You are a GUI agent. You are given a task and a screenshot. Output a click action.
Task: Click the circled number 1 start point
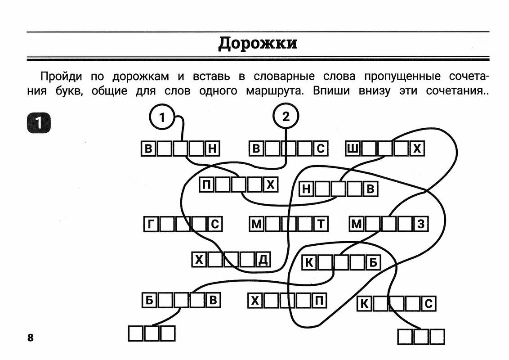pos(162,118)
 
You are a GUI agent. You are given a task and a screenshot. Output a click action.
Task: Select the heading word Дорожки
pos(258,44)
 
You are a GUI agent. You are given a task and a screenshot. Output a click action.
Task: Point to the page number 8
pos(31,338)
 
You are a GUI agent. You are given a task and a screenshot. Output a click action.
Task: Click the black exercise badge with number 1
pos(39,123)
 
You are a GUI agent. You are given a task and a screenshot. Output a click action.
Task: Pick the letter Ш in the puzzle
pos(353,148)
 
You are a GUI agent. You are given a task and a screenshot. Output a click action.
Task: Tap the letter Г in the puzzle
pos(150,224)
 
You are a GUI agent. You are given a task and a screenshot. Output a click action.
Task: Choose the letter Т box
pos(321,224)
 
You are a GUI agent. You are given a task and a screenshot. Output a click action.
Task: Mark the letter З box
pos(421,224)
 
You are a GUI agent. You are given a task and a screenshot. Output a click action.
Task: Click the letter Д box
pos(263,260)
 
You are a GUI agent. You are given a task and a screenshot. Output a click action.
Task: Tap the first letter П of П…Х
pos(206,185)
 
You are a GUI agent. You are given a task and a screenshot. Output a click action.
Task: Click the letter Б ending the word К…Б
pos(373,262)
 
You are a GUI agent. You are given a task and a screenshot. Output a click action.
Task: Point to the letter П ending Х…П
pos(319,300)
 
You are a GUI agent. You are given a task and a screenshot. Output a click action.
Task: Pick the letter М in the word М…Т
pos(256,224)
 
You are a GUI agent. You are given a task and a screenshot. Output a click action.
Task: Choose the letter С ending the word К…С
pos(429,305)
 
